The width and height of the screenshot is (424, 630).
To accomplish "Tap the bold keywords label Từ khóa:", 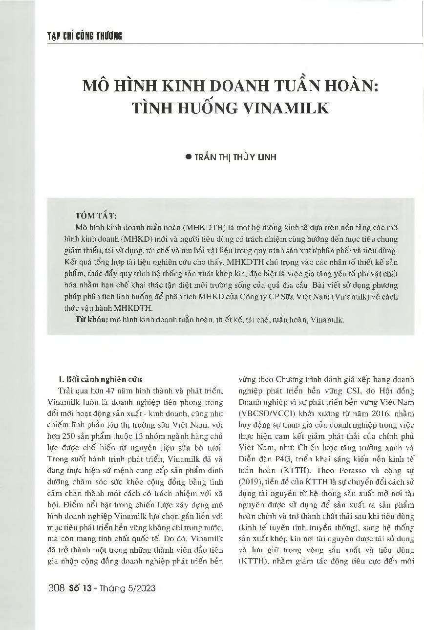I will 92,320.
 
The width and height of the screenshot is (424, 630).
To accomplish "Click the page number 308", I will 57,588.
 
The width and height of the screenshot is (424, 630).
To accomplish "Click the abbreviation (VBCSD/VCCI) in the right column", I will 266,413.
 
